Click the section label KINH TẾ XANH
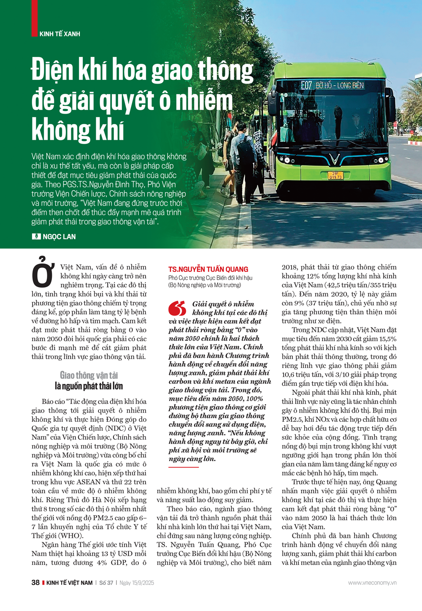(60, 34)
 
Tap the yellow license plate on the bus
(335, 175)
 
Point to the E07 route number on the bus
(306, 86)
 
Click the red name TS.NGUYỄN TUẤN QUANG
(208, 269)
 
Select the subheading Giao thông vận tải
(89, 375)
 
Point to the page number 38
(35, 582)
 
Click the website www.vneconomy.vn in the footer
(372, 583)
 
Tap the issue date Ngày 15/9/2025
(137, 583)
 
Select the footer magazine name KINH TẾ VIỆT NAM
(69, 583)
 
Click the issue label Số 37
(106, 583)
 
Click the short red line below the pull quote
(184, 467)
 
